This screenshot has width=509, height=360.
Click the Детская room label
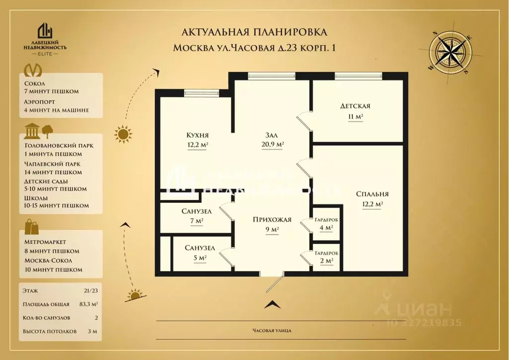coord(355,106)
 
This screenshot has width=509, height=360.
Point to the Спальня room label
coord(372,194)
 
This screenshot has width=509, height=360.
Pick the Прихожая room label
coord(271,220)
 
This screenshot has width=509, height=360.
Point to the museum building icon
coord(33,130)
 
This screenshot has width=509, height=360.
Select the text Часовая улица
coord(271,331)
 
